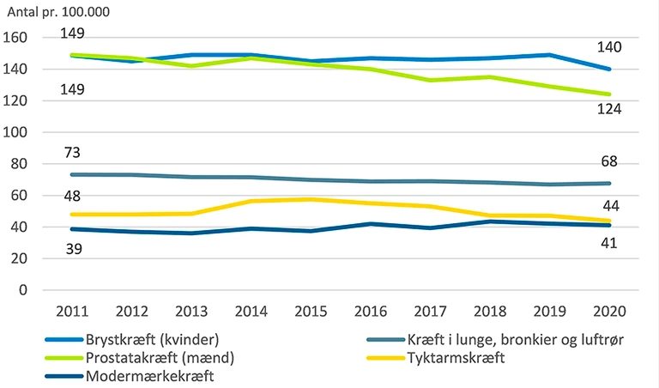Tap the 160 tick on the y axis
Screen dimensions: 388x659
[16, 38]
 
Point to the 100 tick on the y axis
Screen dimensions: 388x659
[16, 132]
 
